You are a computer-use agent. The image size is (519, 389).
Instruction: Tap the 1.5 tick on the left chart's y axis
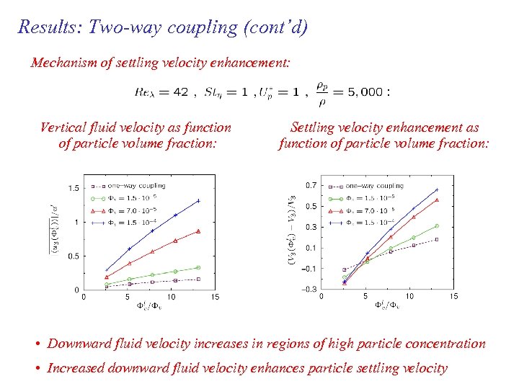tap(74, 188)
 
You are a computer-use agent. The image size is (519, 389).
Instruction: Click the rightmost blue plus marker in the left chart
tap(198, 200)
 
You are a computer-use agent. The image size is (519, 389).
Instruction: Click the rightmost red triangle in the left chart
tap(198, 231)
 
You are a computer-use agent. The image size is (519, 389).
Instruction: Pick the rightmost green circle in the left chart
tap(198, 267)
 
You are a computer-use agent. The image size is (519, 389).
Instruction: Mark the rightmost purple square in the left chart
tap(198, 279)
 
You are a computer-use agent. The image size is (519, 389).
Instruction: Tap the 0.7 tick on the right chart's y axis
tap(310, 185)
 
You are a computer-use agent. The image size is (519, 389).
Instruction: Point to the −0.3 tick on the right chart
tap(309, 290)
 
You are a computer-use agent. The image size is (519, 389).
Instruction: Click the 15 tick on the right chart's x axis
tap(453, 296)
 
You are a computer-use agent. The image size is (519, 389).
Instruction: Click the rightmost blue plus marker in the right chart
tap(437, 190)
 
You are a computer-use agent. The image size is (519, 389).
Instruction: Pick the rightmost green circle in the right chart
tap(437, 226)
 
